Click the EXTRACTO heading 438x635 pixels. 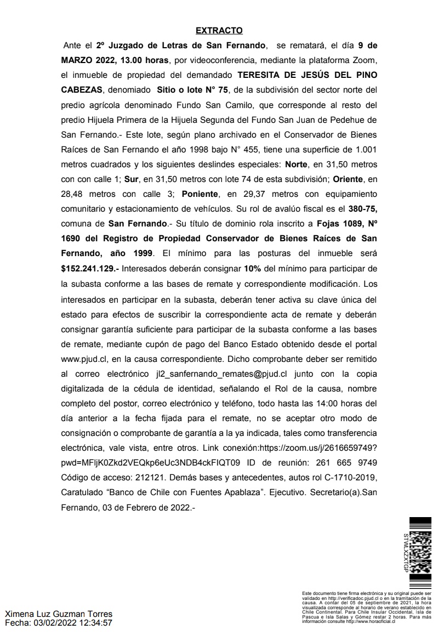[219, 31]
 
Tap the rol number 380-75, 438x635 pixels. [361, 209]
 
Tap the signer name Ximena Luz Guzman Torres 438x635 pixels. [59, 614]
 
